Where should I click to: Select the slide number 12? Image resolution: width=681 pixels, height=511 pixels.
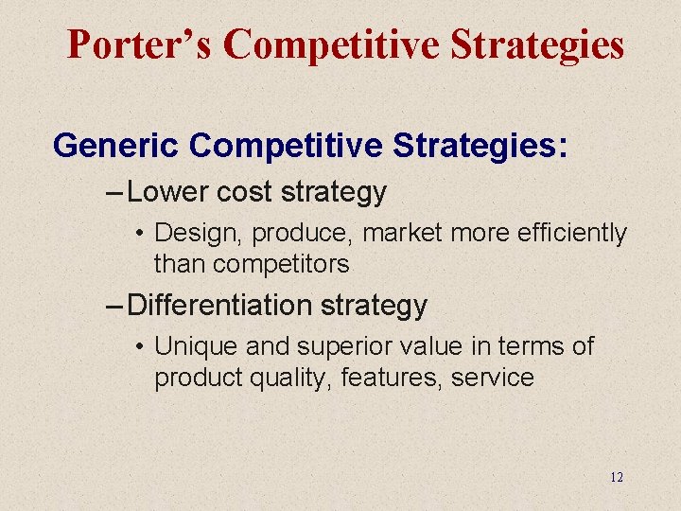pyautogui.click(x=617, y=477)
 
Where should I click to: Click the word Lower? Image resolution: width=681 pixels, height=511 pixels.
pyautogui.click(x=167, y=192)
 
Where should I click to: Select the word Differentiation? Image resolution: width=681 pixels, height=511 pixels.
pyautogui.click(x=219, y=306)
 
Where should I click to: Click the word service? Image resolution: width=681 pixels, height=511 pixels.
pyautogui.click(x=493, y=378)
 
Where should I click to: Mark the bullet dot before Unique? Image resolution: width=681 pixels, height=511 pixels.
pyautogui.click(x=138, y=347)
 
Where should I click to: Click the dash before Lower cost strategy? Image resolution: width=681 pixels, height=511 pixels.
pyautogui.click(x=113, y=193)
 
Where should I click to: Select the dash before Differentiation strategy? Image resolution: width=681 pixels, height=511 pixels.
pyautogui.click(x=113, y=307)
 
